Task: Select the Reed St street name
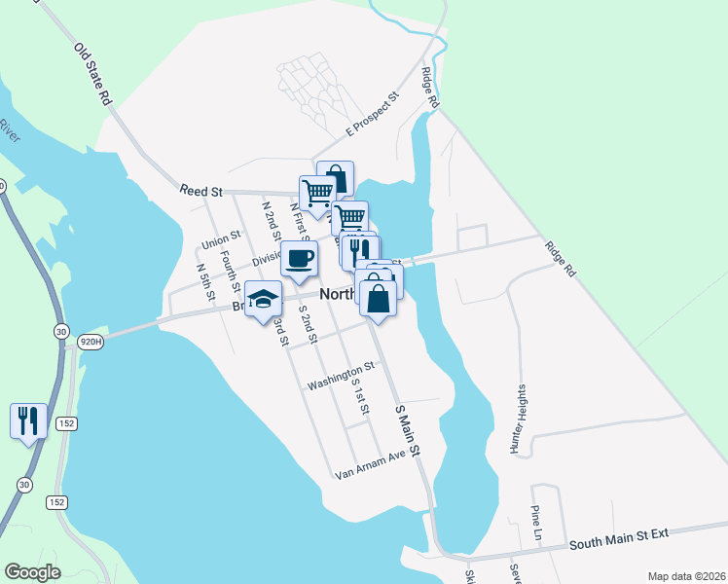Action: coord(201,189)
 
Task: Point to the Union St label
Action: coord(220,239)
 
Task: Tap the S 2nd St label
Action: coord(309,326)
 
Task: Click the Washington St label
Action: coord(341,377)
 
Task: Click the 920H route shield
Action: coord(91,342)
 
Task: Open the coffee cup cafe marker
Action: coord(299,259)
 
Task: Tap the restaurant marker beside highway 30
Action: coord(27,420)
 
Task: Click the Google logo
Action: coord(33,572)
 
